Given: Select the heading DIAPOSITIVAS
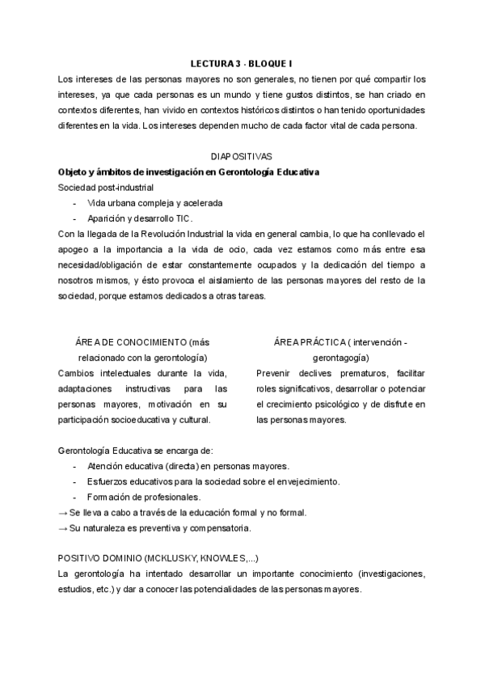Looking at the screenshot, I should coord(242,156).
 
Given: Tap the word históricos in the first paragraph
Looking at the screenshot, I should coord(250,109).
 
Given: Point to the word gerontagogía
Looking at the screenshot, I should coord(340,358).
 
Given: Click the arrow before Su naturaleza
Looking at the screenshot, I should coord(63,528).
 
